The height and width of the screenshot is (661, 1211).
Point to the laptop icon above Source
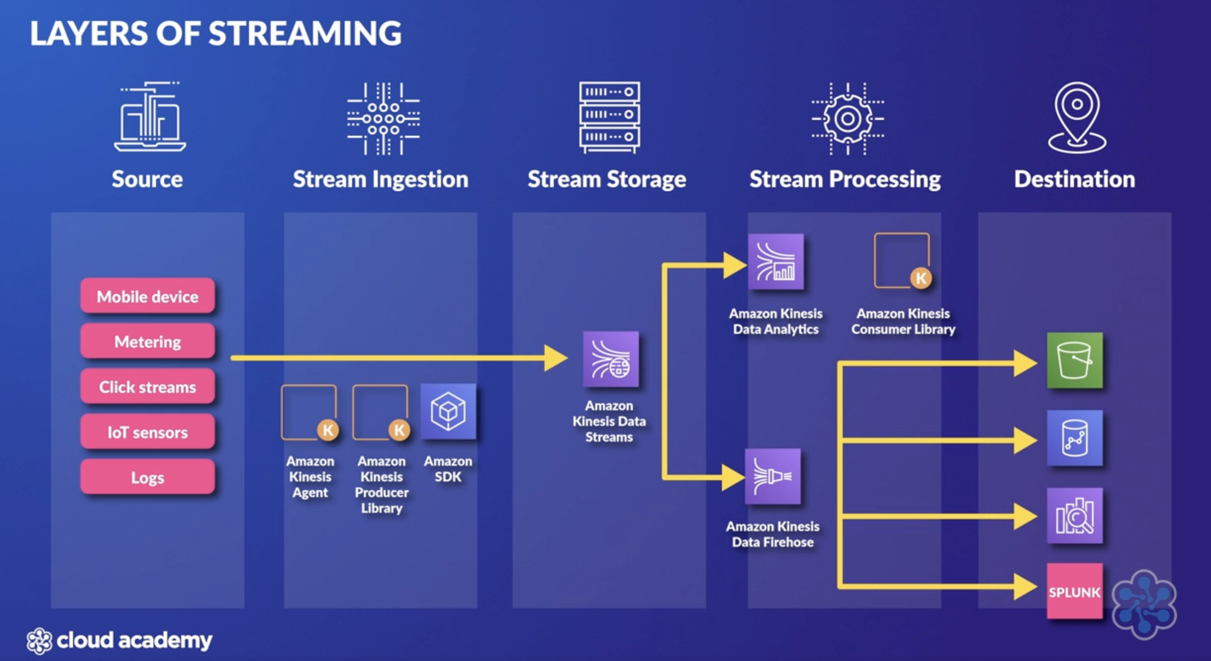149,118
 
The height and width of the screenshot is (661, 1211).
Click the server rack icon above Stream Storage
609,118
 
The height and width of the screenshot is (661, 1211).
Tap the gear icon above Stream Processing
848,119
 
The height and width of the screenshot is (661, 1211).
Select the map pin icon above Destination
1077,118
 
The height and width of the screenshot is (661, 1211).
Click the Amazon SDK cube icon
448,412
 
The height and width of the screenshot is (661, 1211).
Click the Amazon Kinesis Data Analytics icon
776,262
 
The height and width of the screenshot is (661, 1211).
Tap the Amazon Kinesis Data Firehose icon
773,476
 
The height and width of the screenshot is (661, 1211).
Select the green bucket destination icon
1074,361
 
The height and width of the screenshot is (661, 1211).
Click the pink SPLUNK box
1074,591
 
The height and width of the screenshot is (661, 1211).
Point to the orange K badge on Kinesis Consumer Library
920,278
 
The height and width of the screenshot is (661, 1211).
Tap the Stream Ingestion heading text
380,179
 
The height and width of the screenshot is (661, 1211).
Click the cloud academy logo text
134,640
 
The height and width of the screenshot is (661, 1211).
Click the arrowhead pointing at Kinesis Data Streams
555,358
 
